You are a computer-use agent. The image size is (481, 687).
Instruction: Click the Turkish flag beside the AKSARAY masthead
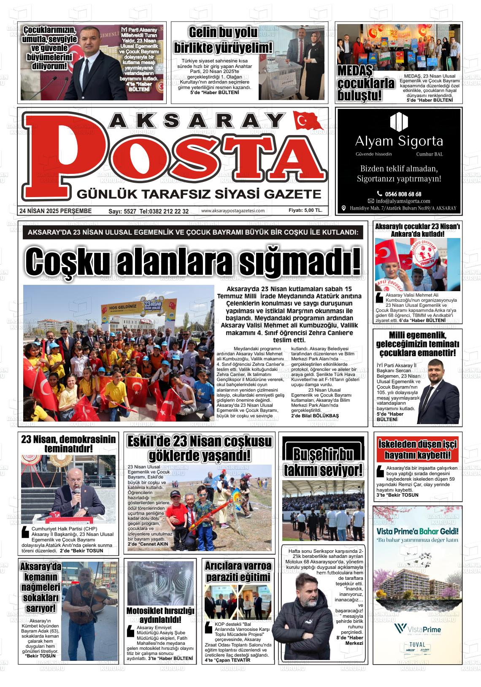point(308,121)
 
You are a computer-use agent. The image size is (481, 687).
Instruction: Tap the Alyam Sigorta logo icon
point(399,122)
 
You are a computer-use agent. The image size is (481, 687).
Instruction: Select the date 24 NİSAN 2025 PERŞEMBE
point(55,211)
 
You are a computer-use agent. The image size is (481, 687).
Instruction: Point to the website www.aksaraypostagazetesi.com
point(233,211)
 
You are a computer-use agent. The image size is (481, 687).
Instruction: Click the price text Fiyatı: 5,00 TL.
point(305,211)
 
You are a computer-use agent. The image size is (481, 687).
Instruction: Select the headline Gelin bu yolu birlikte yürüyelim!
point(223,40)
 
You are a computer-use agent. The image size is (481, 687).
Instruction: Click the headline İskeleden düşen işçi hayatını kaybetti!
point(417,449)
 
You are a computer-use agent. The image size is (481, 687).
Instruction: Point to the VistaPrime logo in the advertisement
point(416,629)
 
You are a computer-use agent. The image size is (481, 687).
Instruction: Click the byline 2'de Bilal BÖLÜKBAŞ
point(315,416)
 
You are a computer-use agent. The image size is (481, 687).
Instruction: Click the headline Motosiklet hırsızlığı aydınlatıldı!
point(160,615)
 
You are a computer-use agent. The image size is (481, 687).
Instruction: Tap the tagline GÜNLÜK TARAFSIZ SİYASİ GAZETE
point(198,194)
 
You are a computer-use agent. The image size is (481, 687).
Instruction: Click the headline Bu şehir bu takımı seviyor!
point(323,462)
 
